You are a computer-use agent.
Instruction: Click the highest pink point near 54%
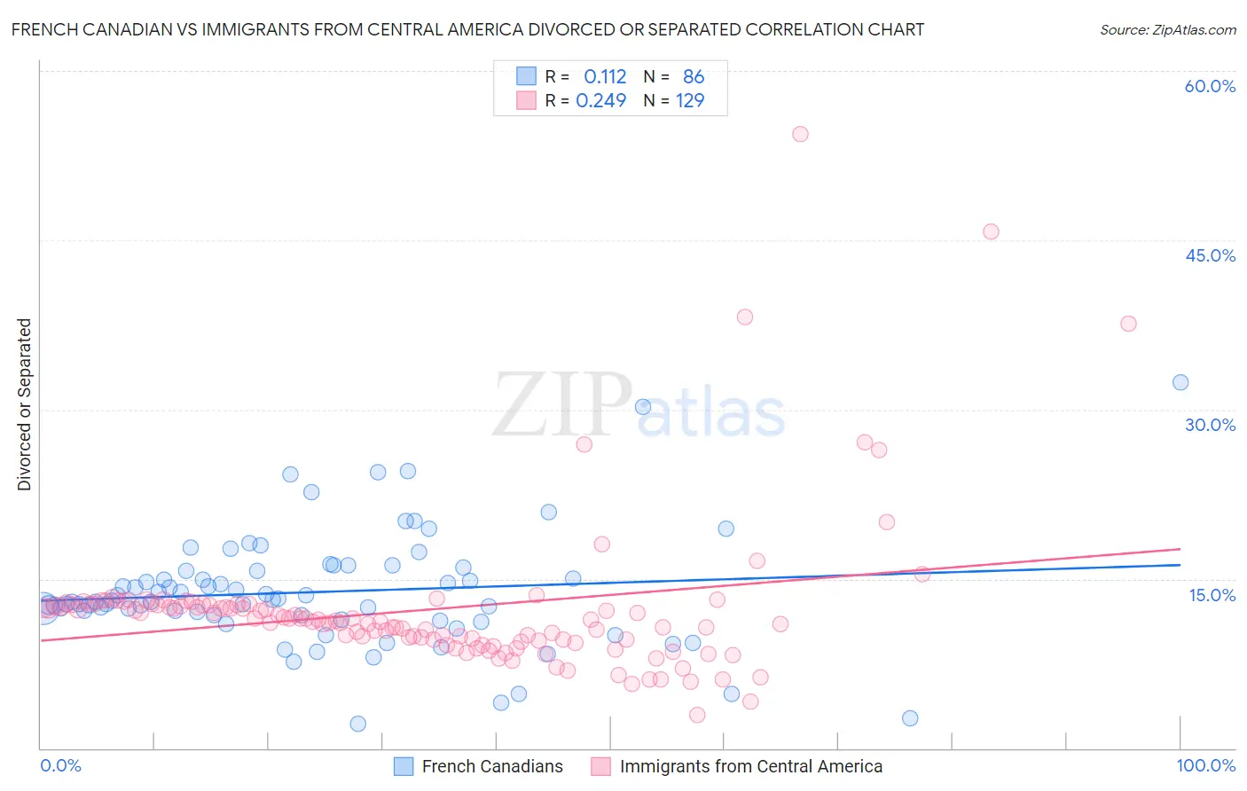tap(800, 134)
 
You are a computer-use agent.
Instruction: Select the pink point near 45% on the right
tap(991, 231)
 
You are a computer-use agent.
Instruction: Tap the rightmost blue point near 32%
tap(1180, 382)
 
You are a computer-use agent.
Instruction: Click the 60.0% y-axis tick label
tap(1210, 86)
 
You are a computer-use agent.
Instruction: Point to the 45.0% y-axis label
tap(1210, 255)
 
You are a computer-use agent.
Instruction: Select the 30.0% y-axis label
tap(1210, 425)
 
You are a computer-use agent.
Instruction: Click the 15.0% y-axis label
tap(1212, 594)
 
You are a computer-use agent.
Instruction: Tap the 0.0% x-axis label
tap(60, 765)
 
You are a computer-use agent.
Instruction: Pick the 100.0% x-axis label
tap(1205, 765)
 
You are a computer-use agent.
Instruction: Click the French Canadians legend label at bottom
tap(492, 766)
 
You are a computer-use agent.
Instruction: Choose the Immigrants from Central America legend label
tap(751, 766)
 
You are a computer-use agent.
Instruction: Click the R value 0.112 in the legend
tap(605, 77)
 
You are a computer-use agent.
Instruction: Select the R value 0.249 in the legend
tap(601, 100)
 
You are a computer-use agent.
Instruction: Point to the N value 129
tap(690, 100)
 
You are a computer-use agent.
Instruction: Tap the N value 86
tap(694, 77)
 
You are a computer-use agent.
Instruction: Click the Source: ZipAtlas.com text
tap(1167, 29)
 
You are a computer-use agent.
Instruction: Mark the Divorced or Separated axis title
tap(25, 404)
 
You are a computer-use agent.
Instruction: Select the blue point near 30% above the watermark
tap(643, 407)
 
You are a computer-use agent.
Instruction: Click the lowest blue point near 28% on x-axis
tap(357, 724)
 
